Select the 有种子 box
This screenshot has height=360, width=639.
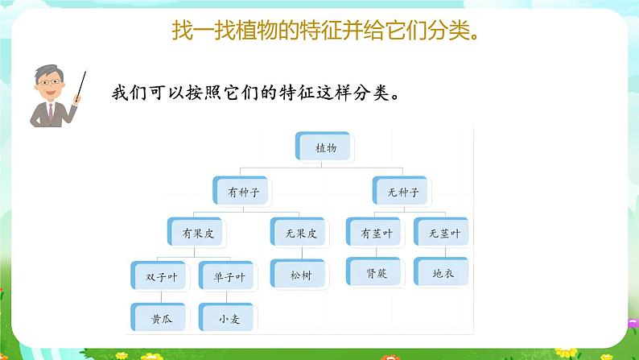[243, 192]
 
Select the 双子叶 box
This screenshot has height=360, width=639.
[157, 276]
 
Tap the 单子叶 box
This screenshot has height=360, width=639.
[228, 276]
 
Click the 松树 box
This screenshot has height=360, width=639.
[298, 274]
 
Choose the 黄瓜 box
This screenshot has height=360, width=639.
[157, 317]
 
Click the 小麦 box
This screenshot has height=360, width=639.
[228, 317]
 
